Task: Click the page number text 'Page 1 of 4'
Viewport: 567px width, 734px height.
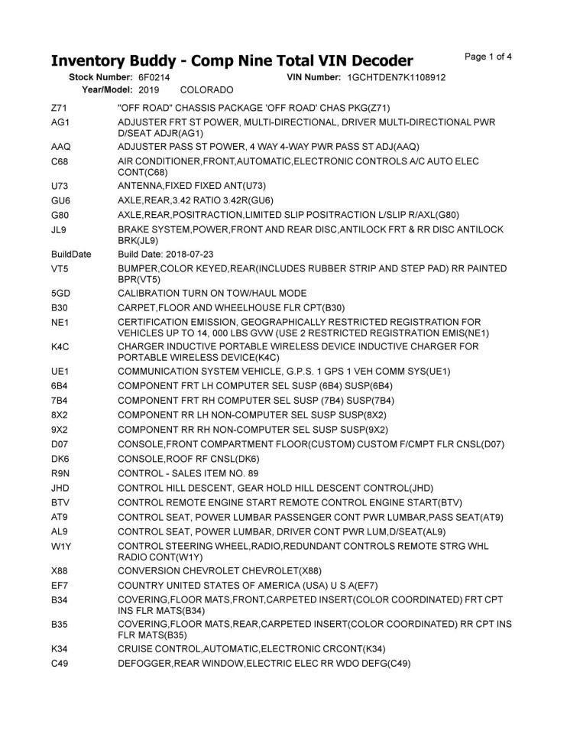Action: coord(488,57)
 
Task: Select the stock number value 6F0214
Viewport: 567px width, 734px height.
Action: coord(154,77)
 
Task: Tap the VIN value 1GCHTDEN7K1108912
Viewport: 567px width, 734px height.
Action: coord(396,77)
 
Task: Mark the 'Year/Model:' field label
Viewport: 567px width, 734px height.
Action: coord(107,89)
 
